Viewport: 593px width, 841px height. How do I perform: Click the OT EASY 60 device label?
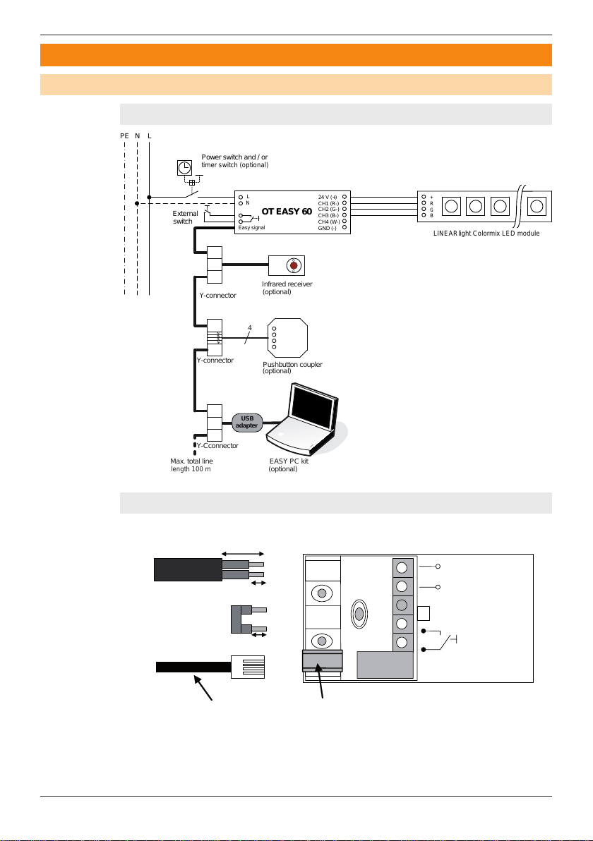tap(287, 212)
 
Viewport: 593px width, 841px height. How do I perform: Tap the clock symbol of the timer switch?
tap(185, 167)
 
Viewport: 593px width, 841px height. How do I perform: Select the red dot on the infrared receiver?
tap(293, 265)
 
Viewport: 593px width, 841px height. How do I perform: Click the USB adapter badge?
tap(247, 422)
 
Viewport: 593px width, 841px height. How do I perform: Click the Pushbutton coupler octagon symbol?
tap(287, 338)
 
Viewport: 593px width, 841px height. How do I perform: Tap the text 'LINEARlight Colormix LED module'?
tap(486, 234)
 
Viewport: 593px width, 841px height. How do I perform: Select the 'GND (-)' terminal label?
tap(328, 228)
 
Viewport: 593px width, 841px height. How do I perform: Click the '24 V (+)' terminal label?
tap(328, 198)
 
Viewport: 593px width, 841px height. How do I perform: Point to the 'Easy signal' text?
tap(252, 227)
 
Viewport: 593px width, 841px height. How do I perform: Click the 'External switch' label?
tap(185, 217)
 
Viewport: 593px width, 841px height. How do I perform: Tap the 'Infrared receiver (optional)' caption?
tap(287, 288)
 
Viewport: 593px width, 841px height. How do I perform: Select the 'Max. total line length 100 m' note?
tap(191, 465)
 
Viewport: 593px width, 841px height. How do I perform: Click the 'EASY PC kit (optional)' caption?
tap(289, 465)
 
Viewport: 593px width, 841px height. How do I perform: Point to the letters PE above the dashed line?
tap(124, 136)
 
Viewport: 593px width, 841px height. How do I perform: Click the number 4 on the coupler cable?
tap(249, 327)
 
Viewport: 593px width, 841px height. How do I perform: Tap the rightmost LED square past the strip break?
tap(537, 206)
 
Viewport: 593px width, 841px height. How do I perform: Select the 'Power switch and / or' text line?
tap(234, 157)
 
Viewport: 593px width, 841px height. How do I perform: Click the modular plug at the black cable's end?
tap(248, 667)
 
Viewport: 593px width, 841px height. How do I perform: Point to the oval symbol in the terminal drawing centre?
tap(359, 612)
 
